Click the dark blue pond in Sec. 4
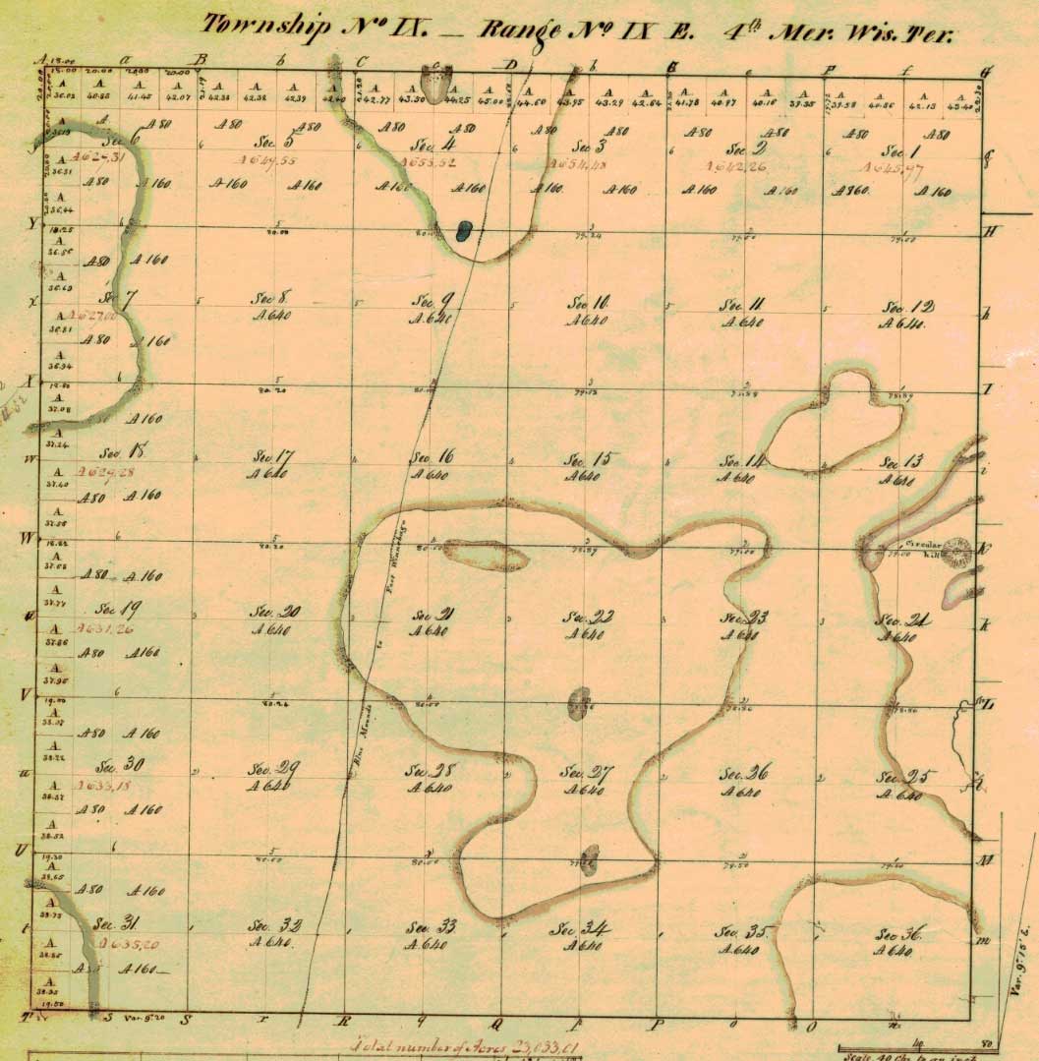[x=464, y=231]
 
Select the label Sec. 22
[x=588, y=617]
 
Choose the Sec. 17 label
[x=273, y=456]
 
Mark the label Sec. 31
[x=116, y=924]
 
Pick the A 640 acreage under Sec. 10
[x=588, y=321]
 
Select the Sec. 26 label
[x=744, y=774]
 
